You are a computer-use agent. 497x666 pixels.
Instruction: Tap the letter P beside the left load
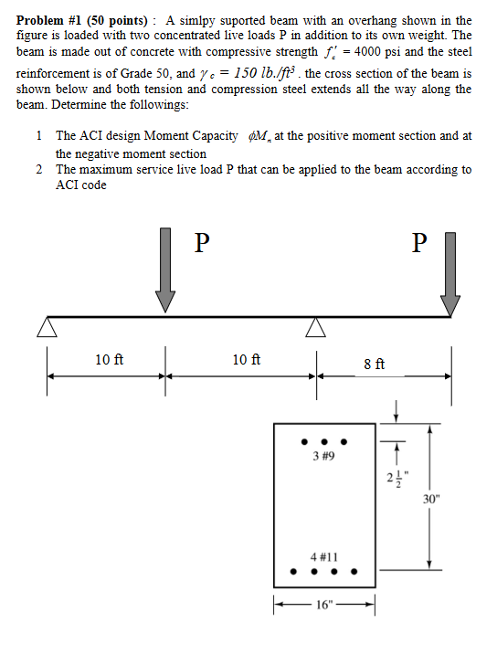click(x=203, y=241)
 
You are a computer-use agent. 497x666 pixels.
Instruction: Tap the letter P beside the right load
click(x=419, y=241)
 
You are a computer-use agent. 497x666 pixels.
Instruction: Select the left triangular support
click(x=47, y=327)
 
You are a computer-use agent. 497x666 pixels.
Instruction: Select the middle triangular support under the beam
click(x=315, y=327)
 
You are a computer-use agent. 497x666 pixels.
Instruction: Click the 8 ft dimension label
click(x=374, y=363)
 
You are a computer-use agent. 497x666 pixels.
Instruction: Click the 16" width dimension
click(x=325, y=604)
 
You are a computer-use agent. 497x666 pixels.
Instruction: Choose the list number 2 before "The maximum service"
click(x=40, y=170)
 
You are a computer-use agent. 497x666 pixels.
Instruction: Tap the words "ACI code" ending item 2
click(x=81, y=185)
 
